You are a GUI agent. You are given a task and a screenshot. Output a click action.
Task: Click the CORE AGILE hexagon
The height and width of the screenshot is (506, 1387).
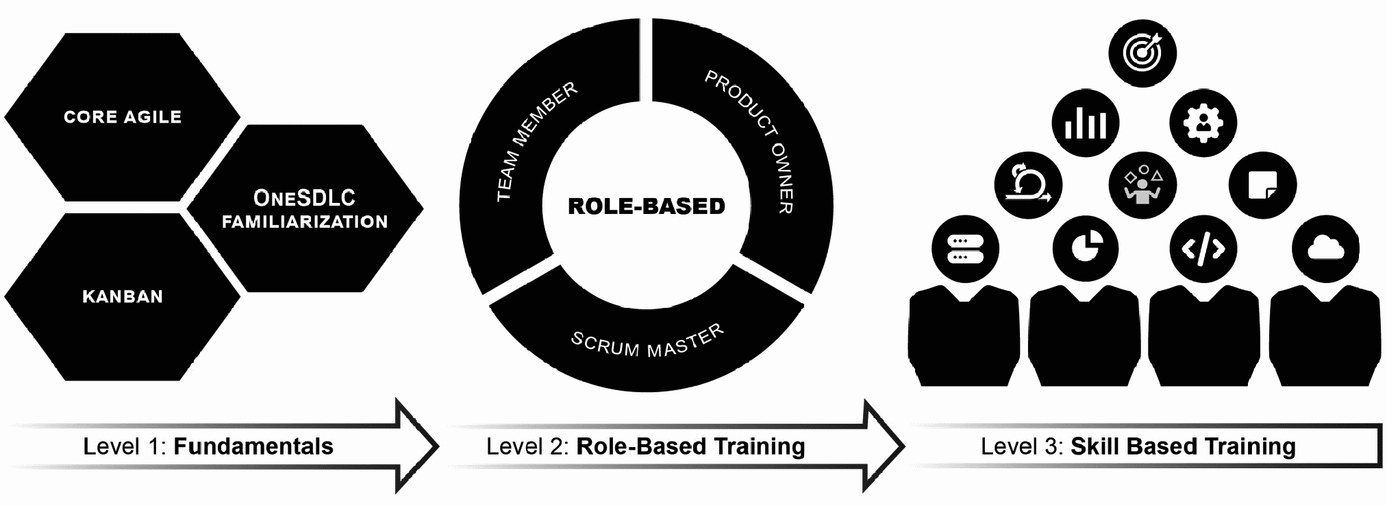click(x=123, y=117)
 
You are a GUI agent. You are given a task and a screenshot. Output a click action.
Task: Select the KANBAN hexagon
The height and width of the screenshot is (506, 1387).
click(x=123, y=297)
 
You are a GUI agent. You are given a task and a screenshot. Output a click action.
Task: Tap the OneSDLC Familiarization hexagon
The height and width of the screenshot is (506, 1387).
click(x=305, y=209)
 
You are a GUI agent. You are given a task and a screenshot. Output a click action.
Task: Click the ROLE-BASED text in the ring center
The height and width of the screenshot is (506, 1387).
click(x=647, y=206)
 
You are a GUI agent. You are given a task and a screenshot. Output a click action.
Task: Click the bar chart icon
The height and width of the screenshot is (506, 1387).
click(x=1085, y=124)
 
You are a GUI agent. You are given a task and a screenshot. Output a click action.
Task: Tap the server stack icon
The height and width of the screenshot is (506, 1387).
click(x=965, y=249)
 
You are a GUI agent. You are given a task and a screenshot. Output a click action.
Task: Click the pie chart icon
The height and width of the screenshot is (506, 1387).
click(x=1085, y=249)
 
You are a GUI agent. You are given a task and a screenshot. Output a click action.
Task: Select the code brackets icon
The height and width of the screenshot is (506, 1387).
click(x=1203, y=249)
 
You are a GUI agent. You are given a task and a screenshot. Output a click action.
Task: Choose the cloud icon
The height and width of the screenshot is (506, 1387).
click(x=1325, y=249)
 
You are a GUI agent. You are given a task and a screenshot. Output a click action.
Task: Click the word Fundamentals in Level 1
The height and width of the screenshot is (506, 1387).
click(x=253, y=447)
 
